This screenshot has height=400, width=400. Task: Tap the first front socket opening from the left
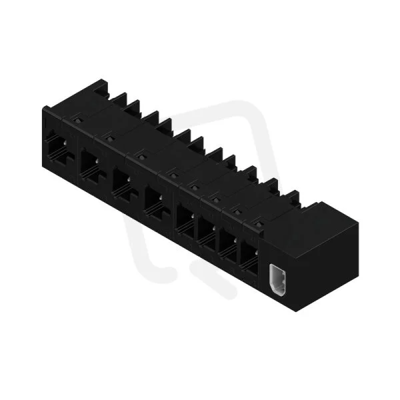(x=59, y=149)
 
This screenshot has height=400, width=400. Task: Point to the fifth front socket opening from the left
(x=185, y=221)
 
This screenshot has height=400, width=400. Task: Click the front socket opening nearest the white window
(x=249, y=257)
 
